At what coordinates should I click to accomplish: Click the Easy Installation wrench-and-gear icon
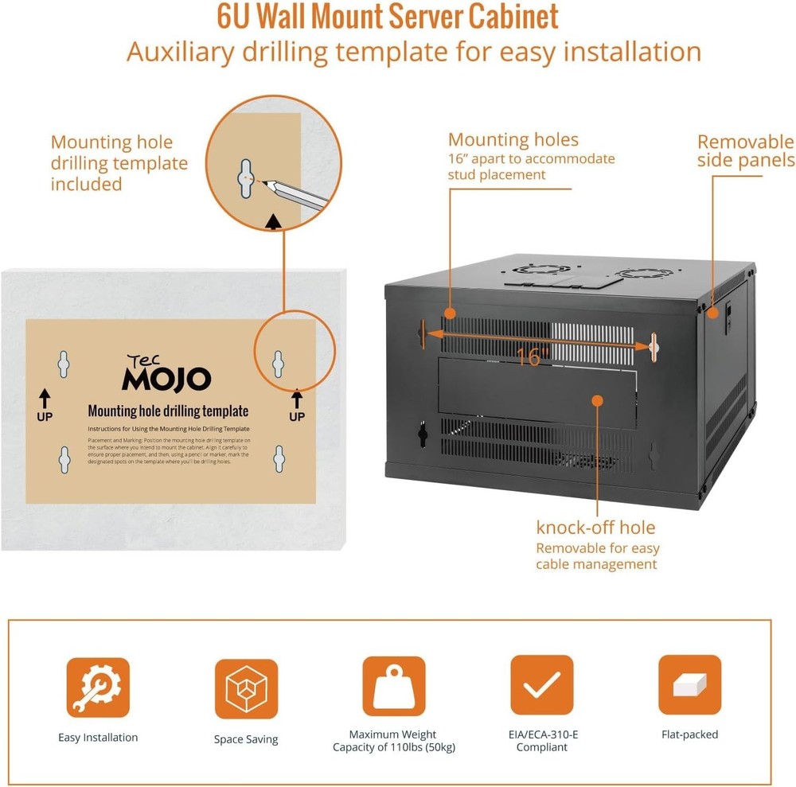98,688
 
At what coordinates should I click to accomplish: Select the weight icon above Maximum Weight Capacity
394,686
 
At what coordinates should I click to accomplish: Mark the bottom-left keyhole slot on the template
64,459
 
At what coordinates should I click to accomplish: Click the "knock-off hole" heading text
595,528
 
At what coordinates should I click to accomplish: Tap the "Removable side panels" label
745,151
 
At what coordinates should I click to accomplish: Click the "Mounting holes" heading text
513,141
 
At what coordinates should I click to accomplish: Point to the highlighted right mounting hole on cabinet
654,345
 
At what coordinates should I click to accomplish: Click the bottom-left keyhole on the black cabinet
423,434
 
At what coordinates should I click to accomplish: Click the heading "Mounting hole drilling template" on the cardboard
168,411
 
